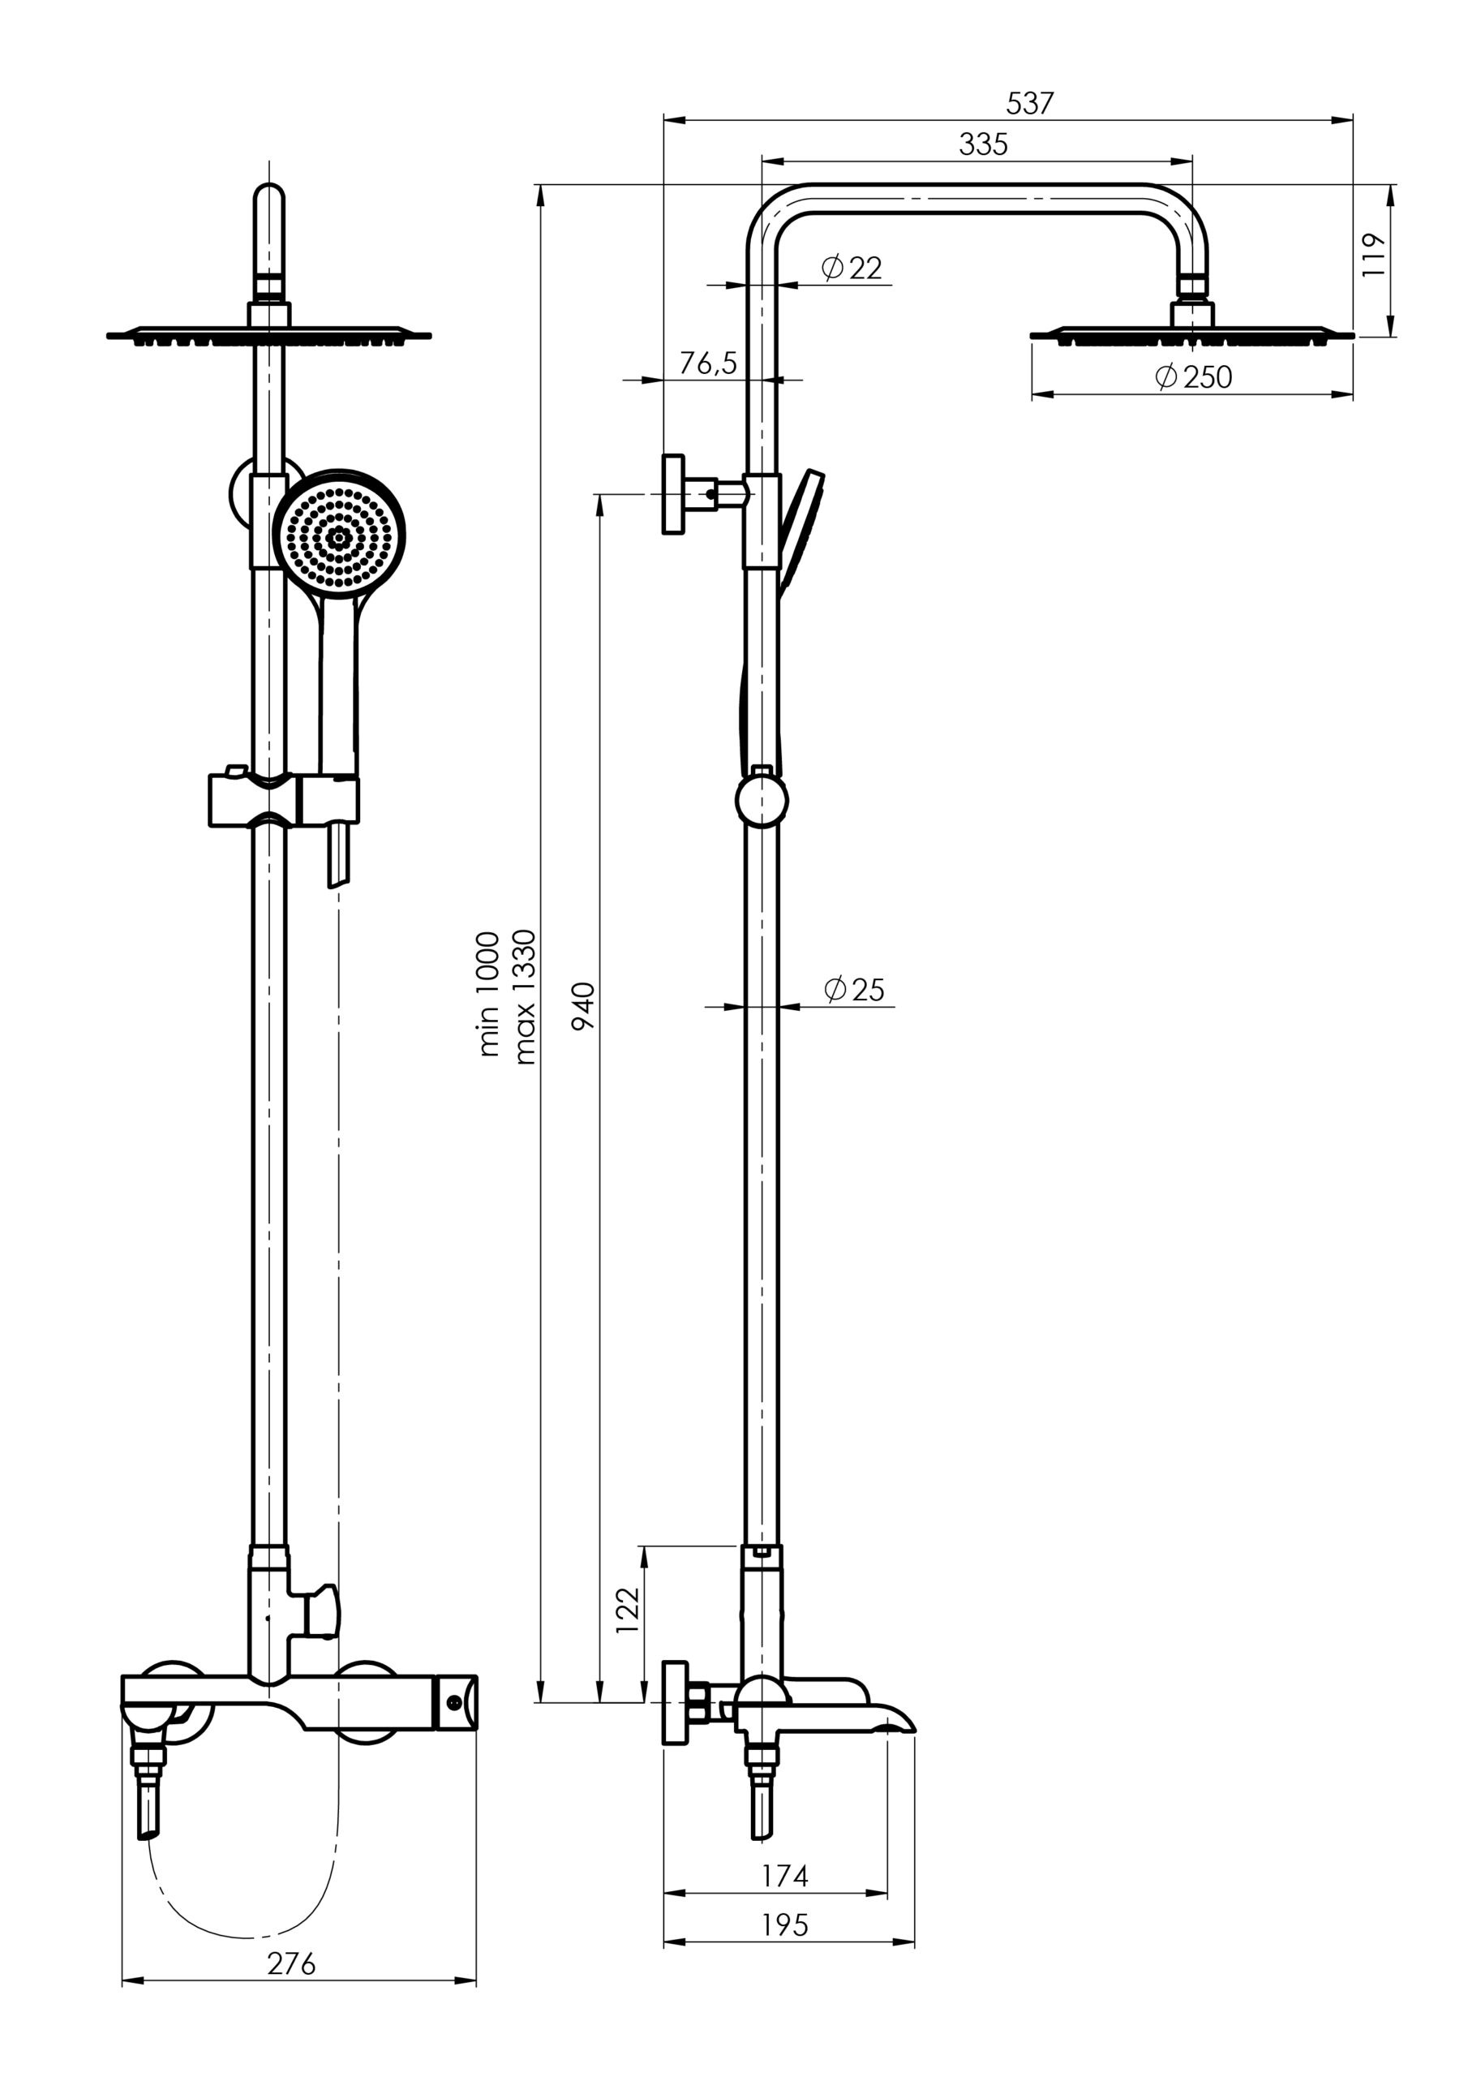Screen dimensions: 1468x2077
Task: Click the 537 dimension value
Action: pos(1030,104)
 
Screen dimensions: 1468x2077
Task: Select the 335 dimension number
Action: pos(983,144)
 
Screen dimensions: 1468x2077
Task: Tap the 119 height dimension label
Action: pos(1374,255)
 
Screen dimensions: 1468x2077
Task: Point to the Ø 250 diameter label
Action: pos(1194,376)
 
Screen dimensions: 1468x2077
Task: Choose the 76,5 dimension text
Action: pos(708,363)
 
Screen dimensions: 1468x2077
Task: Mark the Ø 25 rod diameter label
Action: pos(855,990)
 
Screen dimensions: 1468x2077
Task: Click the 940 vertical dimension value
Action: pos(584,1005)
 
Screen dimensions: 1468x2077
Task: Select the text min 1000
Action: pos(487,994)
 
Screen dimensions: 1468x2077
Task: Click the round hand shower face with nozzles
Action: pos(339,535)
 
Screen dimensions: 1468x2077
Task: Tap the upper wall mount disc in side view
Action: pos(673,494)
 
